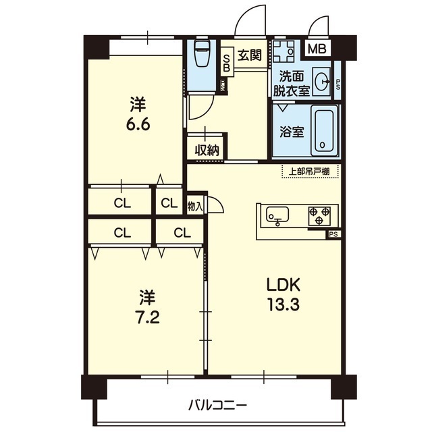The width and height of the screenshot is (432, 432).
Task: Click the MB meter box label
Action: (317, 49)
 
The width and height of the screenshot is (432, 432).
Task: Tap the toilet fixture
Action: (202, 53)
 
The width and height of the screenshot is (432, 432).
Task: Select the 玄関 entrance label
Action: (250, 55)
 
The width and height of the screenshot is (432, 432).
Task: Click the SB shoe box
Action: (227, 63)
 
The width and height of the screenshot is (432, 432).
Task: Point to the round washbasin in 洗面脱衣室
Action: (321, 81)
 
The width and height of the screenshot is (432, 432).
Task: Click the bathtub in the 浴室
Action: (324, 131)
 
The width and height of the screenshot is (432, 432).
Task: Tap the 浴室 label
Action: (292, 132)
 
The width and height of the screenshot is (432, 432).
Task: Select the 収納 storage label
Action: (207, 150)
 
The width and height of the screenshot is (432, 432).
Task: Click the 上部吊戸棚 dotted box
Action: (309, 171)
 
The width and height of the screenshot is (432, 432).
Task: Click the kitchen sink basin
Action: (277, 215)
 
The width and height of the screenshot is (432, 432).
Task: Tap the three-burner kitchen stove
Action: (319, 215)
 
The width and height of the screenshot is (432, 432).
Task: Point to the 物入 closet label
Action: (195, 207)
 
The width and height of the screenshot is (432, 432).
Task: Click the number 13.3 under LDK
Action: (283, 305)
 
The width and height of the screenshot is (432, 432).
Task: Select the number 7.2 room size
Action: (147, 318)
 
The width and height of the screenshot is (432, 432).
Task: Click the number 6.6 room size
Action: (138, 125)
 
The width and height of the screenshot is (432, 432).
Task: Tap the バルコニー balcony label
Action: (217, 405)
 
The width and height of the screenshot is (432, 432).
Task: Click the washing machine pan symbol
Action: (283, 51)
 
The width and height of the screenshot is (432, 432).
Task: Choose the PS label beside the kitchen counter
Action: (333, 234)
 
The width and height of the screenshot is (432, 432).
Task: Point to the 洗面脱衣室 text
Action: (292, 83)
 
